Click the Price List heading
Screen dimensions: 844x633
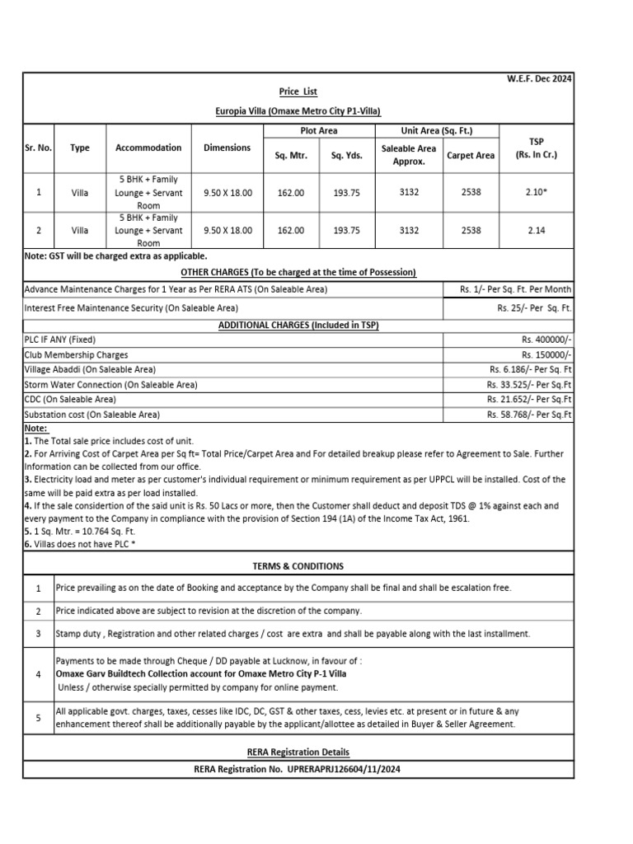tap(298, 91)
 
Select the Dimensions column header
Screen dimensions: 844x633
tap(227, 148)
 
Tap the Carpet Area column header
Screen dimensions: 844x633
tap(471, 155)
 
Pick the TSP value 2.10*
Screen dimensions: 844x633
tap(535, 192)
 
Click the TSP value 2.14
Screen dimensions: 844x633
tap(535, 231)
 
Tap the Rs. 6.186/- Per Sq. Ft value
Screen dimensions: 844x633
tap(530, 369)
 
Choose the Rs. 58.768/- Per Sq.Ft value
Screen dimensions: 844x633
tap(528, 415)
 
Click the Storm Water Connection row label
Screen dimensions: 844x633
tap(110, 385)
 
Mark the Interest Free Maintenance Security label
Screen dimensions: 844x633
tap(131, 307)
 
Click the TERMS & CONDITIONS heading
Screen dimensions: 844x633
tap(298, 566)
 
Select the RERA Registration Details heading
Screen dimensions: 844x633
tap(298, 752)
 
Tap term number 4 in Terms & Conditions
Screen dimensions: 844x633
tap(38, 673)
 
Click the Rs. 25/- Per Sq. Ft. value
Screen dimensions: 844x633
tap(534, 307)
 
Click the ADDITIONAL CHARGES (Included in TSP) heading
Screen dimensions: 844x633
tap(298, 325)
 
